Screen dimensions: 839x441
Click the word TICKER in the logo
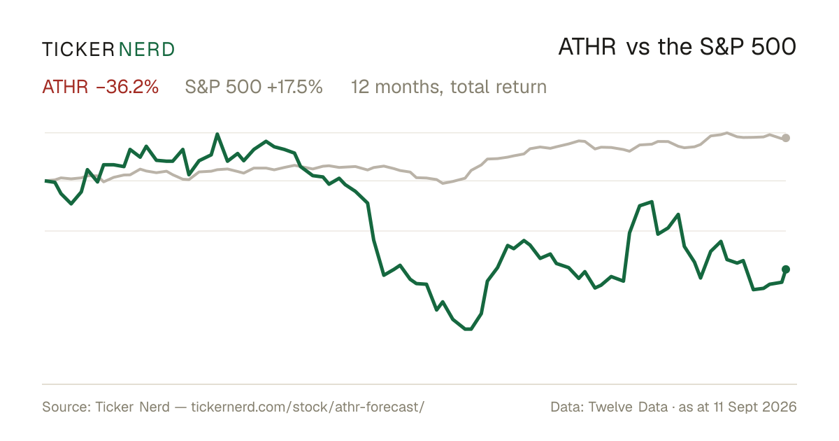click(x=78, y=50)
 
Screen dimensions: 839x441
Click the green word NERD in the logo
click(x=146, y=50)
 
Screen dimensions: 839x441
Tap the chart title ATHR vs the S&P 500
click(x=677, y=47)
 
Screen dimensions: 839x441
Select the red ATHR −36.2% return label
click(x=101, y=87)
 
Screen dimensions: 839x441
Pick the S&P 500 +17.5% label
click(x=254, y=87)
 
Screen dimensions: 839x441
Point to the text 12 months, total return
click(x=449, y=87)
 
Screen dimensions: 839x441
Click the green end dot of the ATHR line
click(x=786, y=269)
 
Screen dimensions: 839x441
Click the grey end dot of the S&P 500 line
click(x=786, y=138)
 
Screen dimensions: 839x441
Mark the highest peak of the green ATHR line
click(x=217, y=134)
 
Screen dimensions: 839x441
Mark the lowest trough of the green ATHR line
click(x=468, y=329)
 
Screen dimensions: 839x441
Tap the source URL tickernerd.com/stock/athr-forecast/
click(x=308, y=407)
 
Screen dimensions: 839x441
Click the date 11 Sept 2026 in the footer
click(x=755, y=407)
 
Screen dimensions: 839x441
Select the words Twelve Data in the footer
click(x=628, y=407)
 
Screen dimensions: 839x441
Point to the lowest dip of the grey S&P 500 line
click(x=443, y=183)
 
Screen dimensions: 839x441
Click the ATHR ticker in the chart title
click(x=587, y=47)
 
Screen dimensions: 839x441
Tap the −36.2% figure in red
click(x=127, y=87)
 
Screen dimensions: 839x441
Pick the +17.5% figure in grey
click(x=294, y=87)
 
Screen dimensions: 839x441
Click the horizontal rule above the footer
click(x=419, y=384)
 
